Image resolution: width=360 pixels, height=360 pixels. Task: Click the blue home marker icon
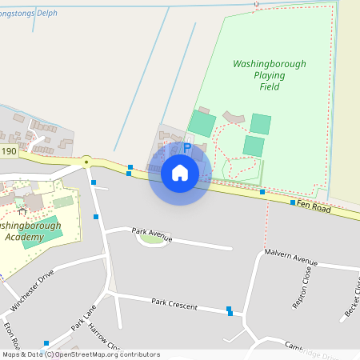(180, 172)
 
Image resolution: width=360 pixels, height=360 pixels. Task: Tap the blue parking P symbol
(187, 148)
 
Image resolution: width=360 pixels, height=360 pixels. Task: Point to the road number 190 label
(9, 151)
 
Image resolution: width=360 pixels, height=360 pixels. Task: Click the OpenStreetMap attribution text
(80, 354)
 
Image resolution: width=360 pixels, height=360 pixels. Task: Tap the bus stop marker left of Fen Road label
(293, 203)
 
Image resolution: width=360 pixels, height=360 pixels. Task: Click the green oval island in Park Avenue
(151, 238)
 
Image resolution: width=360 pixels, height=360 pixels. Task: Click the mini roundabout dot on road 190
(86, 161)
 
